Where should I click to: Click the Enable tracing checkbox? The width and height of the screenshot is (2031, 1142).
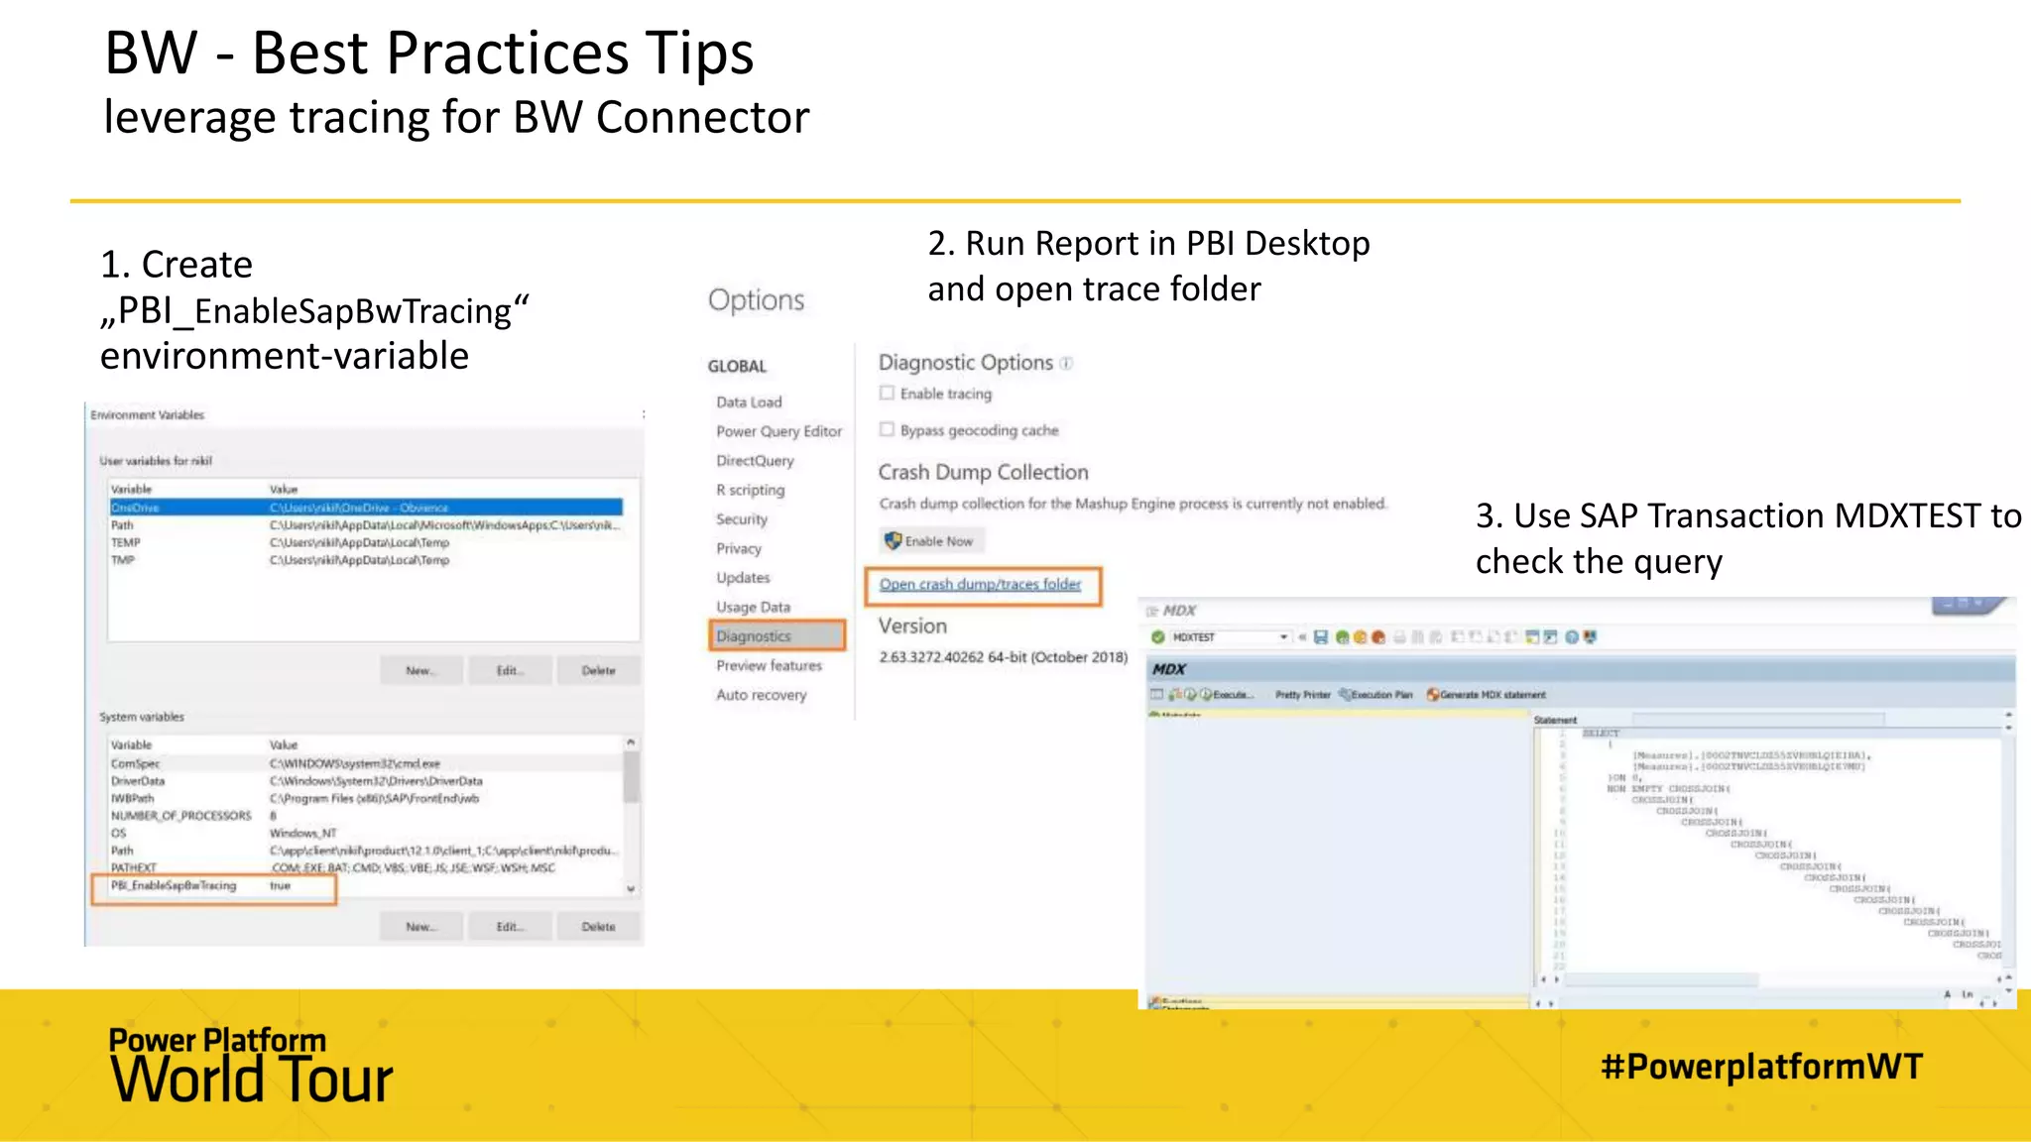pos(887,394)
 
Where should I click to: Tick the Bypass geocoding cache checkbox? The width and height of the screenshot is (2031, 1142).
pos(887,430)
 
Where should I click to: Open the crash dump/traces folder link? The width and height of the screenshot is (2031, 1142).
pos(980,585)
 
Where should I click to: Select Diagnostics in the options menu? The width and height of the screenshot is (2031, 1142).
pos(755,636)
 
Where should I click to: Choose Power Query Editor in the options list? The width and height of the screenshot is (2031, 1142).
pos(778,431)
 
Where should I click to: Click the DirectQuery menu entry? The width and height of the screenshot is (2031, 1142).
pos(755,461)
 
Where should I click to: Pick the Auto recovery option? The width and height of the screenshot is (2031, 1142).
pos(762,695)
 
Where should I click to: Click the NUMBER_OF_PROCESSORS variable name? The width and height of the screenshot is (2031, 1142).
pos(181,816)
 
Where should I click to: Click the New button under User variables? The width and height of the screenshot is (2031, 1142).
pos(419,671)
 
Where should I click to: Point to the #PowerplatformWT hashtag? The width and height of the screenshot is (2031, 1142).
pos(1761,1067)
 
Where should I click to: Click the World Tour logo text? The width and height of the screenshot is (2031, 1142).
pos(252,1080)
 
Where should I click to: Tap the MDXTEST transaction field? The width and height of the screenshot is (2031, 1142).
pos(1226,637)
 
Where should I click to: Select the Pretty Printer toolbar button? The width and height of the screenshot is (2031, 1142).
pos(1302,695)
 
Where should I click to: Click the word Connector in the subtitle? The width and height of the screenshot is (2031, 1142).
pos(703,118)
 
